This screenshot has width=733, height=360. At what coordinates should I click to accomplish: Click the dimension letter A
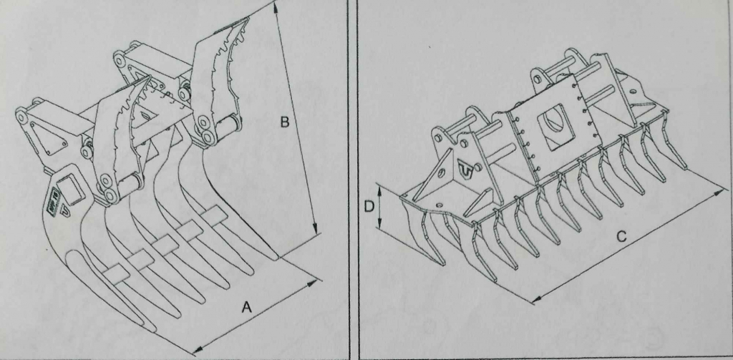[x=246, y=307]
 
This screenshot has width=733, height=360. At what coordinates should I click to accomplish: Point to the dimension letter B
[x=285, y=122]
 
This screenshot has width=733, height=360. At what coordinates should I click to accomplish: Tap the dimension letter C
[x=621, y=237]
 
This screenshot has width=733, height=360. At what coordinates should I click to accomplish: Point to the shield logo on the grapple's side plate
[x=64, y=212]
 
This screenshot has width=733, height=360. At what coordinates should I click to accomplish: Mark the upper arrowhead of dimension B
[x=276, y=6]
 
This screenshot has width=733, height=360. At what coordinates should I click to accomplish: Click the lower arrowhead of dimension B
[x=316, y=229]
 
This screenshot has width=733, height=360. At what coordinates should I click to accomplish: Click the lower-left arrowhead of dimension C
[x=538, y=298]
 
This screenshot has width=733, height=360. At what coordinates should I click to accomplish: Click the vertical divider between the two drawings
[x=354, y=180]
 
